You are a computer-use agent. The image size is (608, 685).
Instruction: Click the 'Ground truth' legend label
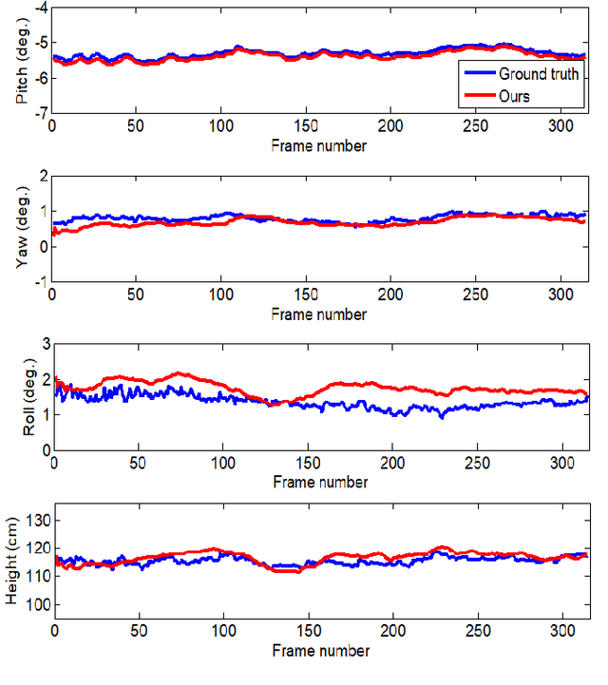(x=539, y=74)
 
